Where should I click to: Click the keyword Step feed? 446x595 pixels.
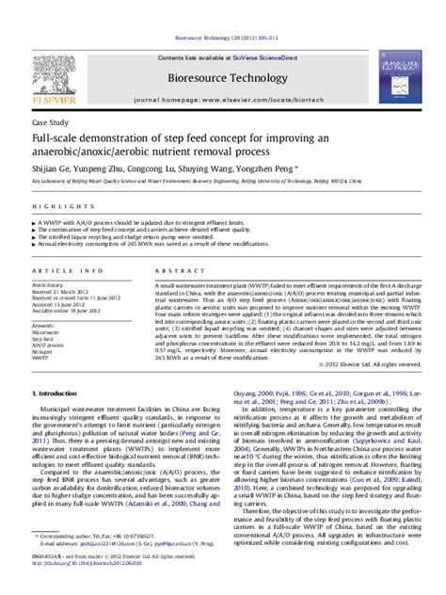tap(43, 339)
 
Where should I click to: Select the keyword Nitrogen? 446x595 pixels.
tap(43, 352)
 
